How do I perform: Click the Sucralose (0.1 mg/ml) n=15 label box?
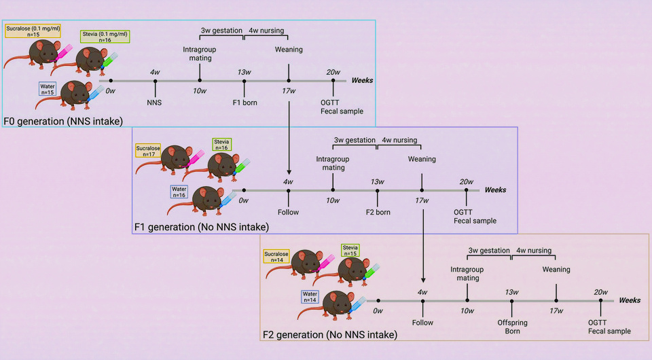pos(33,31)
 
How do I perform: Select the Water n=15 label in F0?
pos(48,89)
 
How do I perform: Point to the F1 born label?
pos(244,103)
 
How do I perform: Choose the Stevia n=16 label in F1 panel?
pos(221,144)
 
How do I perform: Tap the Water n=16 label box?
pos(179,193)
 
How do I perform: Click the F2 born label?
pos(378,212)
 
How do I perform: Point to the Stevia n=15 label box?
pos(350,251)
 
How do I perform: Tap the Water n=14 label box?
pos(310,296)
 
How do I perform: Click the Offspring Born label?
pos(513,327)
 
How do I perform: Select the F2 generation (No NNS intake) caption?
pos(330,335)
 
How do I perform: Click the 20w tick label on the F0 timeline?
pos(333,72)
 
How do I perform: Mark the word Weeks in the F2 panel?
pos(630,300)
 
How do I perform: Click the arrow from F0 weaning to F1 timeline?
pos(289,136)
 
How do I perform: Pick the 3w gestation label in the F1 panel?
pos(355,141)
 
